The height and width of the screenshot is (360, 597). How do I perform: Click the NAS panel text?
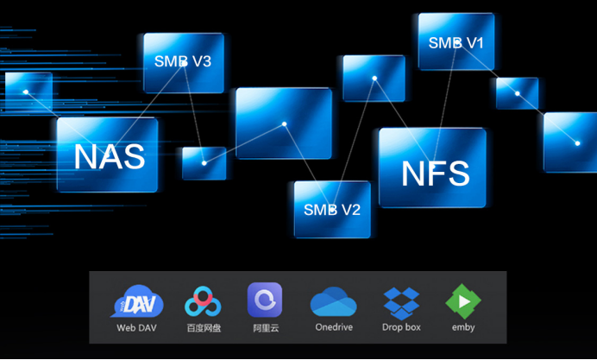click(110, 156)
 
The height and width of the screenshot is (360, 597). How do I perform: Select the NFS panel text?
click(436, 174)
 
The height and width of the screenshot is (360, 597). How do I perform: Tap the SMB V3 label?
click(183, 61)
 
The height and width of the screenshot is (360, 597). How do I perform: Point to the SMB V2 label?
click(332, 210)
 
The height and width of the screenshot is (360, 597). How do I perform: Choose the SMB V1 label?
click(456, 42)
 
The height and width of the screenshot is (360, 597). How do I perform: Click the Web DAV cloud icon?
click(137, 301)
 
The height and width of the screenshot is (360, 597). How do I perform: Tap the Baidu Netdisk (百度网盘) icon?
click(203, 301)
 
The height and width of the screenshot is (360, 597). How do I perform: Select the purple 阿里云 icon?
click(265, 300)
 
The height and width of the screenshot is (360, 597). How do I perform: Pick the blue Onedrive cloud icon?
click(334, 301)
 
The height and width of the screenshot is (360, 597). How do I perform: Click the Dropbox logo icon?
click(401, 303)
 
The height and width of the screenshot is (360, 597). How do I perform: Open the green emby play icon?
click(463, 301)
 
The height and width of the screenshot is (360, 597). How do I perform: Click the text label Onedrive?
click(334, 327)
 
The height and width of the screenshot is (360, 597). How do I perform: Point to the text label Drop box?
click(401, 327)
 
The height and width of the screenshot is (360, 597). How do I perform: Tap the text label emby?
click(463, 327)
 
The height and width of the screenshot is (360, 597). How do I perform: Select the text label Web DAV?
click(136, 328)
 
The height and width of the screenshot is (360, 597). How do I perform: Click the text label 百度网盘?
click(204, 328)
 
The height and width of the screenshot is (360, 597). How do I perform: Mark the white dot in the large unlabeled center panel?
click(284, 123)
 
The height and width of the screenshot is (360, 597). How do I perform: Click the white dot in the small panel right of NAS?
click(204, 163)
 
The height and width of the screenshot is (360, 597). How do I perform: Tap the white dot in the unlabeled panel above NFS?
click(374, 78)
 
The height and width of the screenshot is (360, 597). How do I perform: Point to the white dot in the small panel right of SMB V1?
click(518, 93)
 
